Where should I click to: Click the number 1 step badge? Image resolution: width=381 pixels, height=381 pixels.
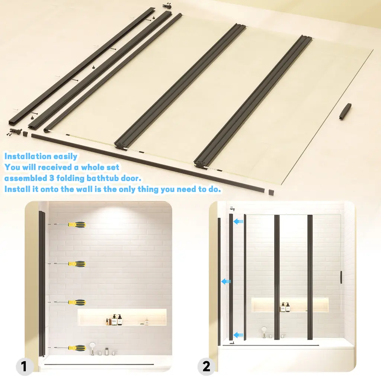[x=24, y=366]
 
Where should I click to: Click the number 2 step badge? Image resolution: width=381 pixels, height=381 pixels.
[x=206, y=366]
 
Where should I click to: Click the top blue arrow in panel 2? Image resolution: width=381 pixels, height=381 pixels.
[x=238, y=221]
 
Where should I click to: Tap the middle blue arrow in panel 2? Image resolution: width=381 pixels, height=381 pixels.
[x=226, y=281]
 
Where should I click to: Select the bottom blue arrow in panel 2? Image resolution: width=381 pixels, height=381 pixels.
[x=238, y=335]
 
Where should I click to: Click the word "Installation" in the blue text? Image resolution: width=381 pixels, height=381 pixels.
[x=28, y=156]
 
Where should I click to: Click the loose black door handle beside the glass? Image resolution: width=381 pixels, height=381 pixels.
[x=345, y=111]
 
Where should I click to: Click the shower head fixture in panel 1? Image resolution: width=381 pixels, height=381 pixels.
[x=92, y=348]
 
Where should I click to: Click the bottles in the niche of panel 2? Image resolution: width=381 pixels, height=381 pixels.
[x=285, y=307]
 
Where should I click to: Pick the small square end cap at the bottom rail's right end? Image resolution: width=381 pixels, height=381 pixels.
[x=271, y=192]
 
